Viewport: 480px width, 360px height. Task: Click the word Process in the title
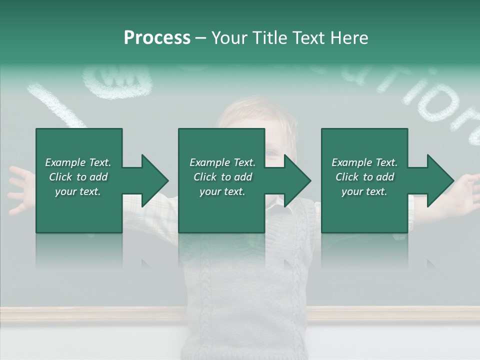[157, 37]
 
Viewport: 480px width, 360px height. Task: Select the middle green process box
[221, 210]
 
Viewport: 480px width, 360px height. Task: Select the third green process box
[364, 210]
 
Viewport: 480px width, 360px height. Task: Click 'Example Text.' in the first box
[78, 162]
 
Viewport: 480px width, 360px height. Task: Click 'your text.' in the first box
[78, 191]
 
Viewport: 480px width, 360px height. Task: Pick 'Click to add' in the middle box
[222, 177]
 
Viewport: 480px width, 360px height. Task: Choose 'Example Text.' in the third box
[364, 162]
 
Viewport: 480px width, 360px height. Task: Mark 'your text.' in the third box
[364, 191]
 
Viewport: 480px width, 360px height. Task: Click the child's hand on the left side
[20, 190]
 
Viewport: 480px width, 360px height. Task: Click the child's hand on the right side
[467, 192]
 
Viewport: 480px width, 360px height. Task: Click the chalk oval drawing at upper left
[117, 82]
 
